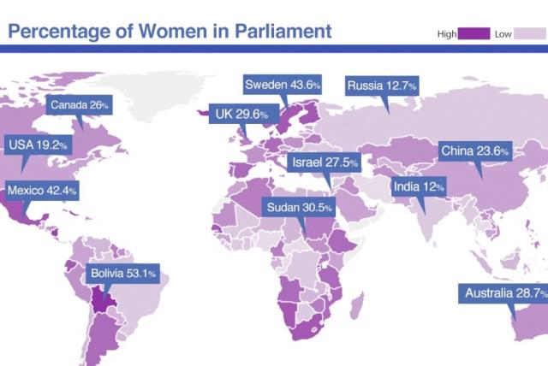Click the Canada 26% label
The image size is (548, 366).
(x=80, y=105)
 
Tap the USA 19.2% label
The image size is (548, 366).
(x=38, y=145)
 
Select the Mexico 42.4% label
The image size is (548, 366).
(x=42, y=190)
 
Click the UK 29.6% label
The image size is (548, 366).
(x=241, y=114)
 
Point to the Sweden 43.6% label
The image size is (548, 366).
(x=283, y=85)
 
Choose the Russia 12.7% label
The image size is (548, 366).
(x=382, y=86)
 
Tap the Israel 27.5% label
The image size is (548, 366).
(x=325, y=162)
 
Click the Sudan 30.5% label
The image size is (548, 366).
(x=299, y=208)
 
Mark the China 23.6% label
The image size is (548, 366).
(x=475, y=151)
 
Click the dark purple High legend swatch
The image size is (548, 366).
(x=474, y=33)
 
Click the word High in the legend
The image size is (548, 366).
(x=447, y=34)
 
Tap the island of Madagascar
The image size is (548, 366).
(x=354, y=302)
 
